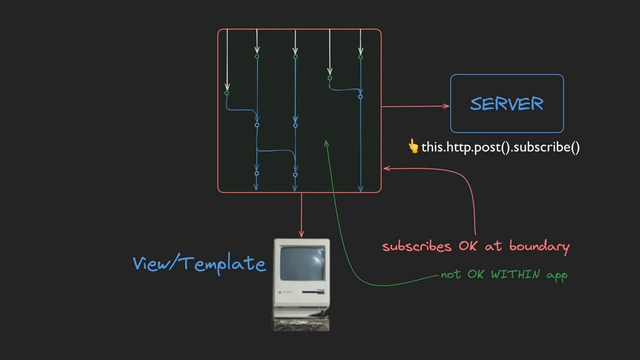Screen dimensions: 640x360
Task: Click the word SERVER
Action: [506, 103]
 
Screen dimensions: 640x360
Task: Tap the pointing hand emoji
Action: [413, 146]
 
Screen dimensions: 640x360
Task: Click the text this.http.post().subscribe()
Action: [500, 147]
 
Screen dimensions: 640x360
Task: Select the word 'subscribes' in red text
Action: [417, 246]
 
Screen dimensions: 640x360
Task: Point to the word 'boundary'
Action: [539, 247]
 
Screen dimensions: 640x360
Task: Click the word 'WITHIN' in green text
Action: [515, 274]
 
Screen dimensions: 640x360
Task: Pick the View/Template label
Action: [199, 263]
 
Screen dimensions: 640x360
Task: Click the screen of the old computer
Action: [302, 263]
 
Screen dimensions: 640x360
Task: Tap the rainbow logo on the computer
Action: [280, 292]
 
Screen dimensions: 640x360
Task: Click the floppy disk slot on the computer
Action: [313, 292]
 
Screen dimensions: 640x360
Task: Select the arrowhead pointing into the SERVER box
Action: [446, 106]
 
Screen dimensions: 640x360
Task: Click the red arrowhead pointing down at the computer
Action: [301, 234]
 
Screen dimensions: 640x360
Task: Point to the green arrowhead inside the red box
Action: [326, 143]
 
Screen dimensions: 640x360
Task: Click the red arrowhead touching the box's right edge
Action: [387, 168]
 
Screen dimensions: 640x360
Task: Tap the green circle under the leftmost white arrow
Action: [226, 93]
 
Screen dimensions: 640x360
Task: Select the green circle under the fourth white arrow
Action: [329, 78]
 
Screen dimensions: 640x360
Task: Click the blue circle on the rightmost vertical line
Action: [360, 97]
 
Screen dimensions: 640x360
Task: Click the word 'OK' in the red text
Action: [467, 246]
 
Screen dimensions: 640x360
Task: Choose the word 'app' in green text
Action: [557, 275]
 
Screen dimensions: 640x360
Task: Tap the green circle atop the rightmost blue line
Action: [360, 57]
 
